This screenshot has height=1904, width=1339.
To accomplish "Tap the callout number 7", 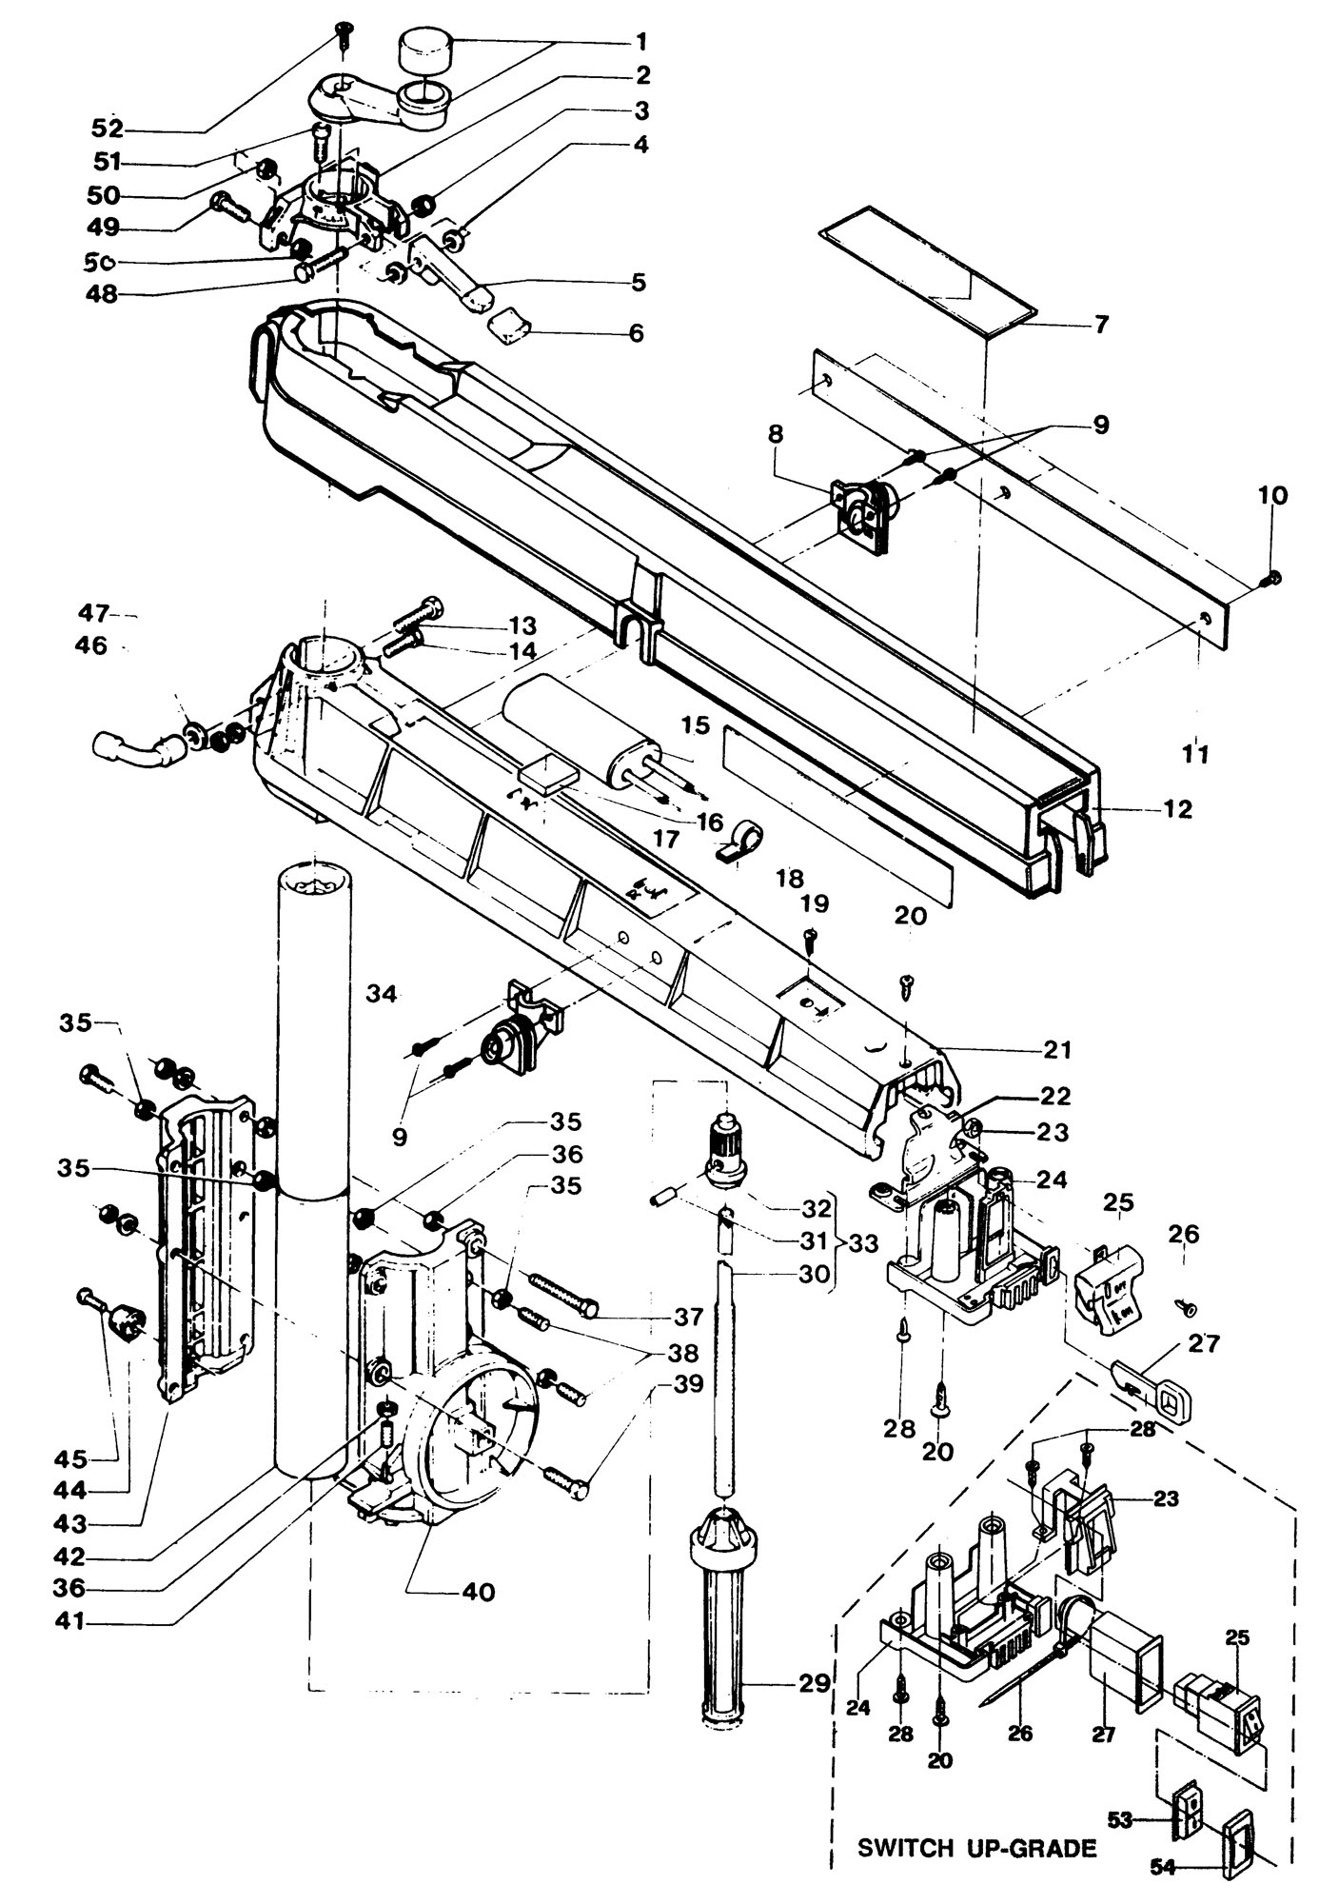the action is tap(1101, 325).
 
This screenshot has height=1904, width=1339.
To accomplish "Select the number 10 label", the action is tap(1272, 495).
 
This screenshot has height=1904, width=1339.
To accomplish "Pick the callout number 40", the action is tap(479, 1591).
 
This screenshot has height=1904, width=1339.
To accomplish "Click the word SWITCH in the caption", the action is tap(905, 1849).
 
